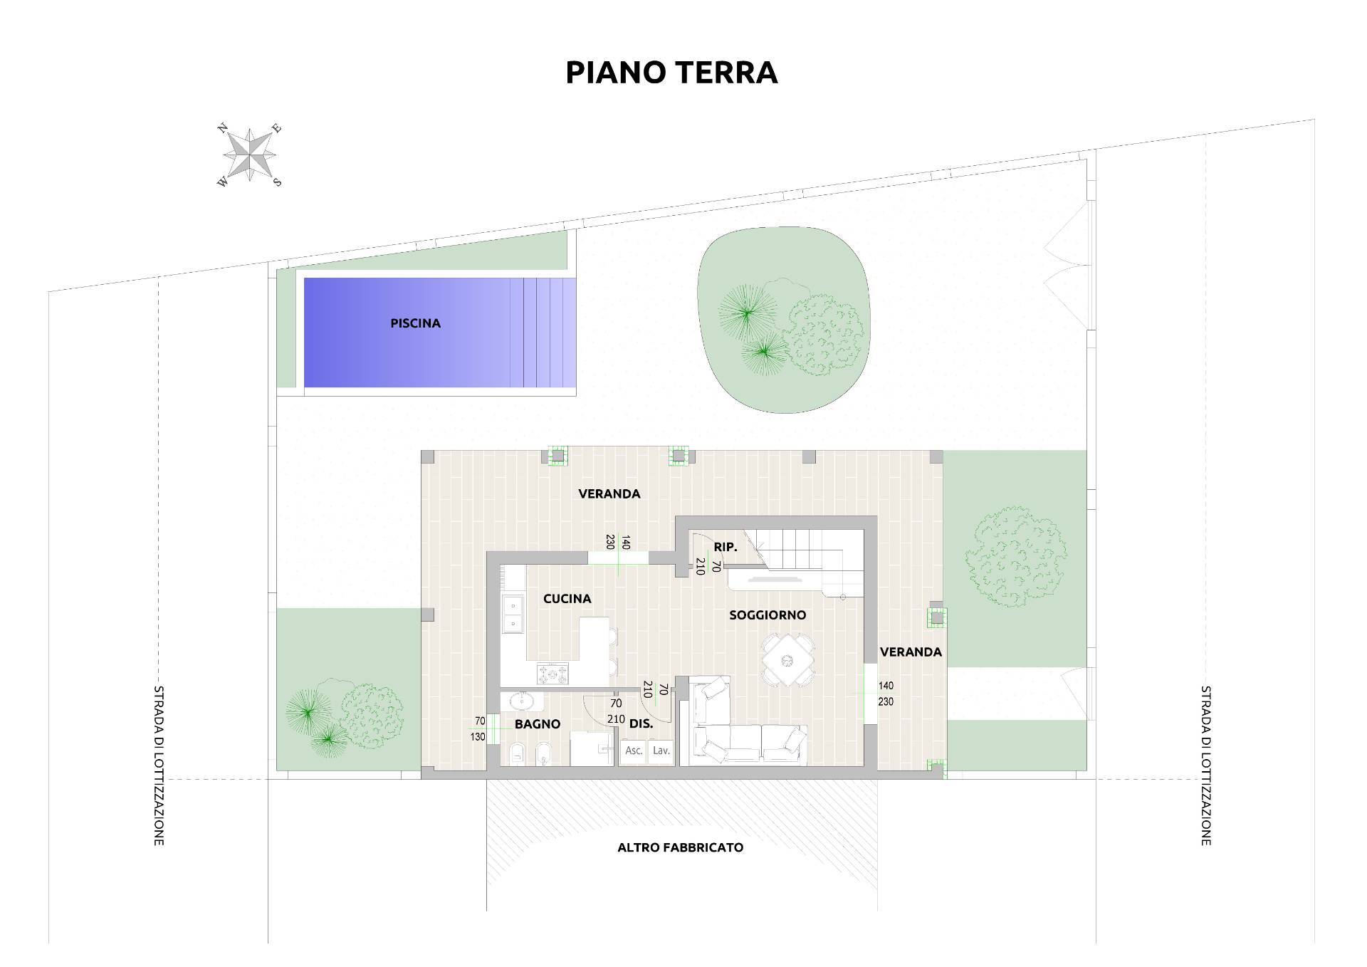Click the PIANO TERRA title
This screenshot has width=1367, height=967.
point(671,73)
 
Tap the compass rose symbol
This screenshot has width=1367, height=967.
point(249,155)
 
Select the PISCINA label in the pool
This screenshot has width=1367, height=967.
point(415,323)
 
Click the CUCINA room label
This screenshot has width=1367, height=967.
point(567,599)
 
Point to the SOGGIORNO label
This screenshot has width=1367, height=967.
point(768,615)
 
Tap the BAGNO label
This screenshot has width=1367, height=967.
point(538,724)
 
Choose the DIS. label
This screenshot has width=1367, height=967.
point(641,724)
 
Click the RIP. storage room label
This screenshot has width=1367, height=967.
point(725,547)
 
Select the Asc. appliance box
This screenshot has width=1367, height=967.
point(634,751)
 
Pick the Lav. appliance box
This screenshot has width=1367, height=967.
point(661,751)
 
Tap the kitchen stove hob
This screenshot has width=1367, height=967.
point(553,673)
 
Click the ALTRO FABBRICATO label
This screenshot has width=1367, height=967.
point(680,847)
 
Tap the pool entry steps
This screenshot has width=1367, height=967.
point(549,333)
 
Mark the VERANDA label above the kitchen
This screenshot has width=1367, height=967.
point(609,493)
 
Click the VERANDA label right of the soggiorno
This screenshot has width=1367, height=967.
point(911,652)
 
